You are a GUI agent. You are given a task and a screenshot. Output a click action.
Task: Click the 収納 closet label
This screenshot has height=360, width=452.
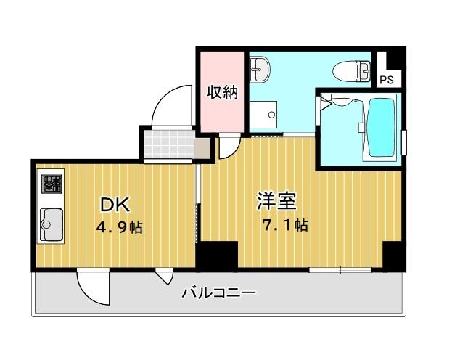222,92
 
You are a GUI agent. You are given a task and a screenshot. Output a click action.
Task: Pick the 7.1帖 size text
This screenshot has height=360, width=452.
284,224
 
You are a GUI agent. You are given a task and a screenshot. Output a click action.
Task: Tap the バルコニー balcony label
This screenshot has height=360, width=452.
218,294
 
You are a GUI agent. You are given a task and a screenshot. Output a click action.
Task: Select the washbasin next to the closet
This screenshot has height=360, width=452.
260,70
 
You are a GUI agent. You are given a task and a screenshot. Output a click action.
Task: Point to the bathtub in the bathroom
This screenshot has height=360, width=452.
380,128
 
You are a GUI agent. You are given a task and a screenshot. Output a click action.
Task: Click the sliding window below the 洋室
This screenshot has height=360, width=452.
340,271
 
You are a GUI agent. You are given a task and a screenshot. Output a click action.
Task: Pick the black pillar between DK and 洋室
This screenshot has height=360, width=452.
217,255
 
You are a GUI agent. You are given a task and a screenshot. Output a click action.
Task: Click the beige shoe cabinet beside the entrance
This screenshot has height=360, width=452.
202,148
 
